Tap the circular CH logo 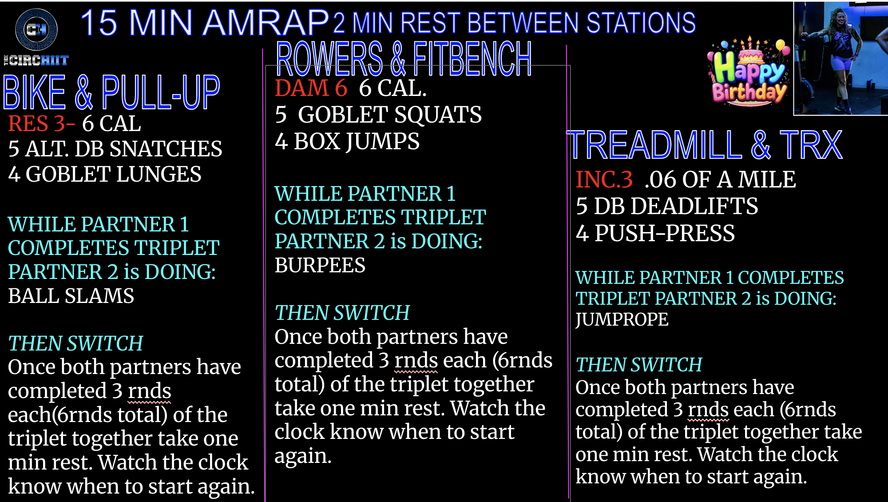(36, 29)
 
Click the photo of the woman (840, 58)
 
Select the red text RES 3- (41, 124)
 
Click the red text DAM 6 (311, 88)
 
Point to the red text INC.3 (604, 179)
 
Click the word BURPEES (320, 265)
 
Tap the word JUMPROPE (622, 319)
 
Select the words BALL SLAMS (71, 296)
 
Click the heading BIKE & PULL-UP (111, 92)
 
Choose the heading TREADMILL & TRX (705, 145)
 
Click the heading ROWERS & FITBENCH (404, 59)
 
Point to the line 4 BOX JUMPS (347, 141)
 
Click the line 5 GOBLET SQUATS (378, 115)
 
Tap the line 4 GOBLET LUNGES (105, 174)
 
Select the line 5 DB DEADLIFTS (667, 206)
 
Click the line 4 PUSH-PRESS (655, 233)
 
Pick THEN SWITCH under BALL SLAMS (75, 343)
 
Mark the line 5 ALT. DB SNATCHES (115, 149)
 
